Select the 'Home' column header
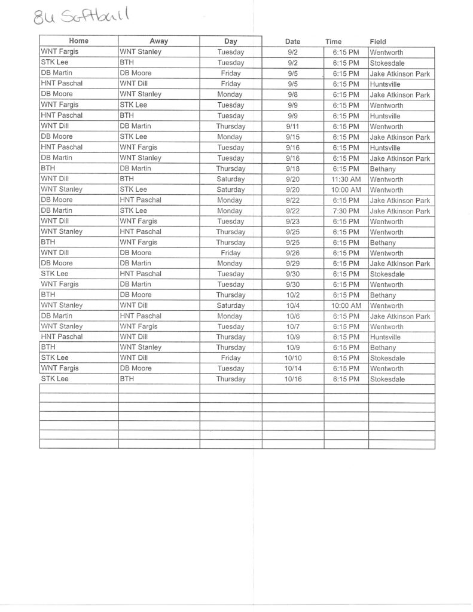[x=78, y=41]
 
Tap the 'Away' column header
[x=158, y=41]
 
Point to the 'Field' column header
[x=378, y=42]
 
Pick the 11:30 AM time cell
[x=346, y=179]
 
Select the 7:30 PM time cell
[x=346, y=211]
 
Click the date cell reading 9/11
[x=292, y=127]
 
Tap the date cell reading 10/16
[x=292, y=380]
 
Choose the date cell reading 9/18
[x=292, y=169]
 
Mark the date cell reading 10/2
[x=292, y=295]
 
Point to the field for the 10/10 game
[x=387, y=359]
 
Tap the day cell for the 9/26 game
[x=230, y=253]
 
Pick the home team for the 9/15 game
[x=57, y=137]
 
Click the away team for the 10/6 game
[x=141, y=316]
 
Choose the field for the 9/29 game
[x=399, y=264]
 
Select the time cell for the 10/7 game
[x=346, y=327]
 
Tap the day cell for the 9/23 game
[x=230, y=222]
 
